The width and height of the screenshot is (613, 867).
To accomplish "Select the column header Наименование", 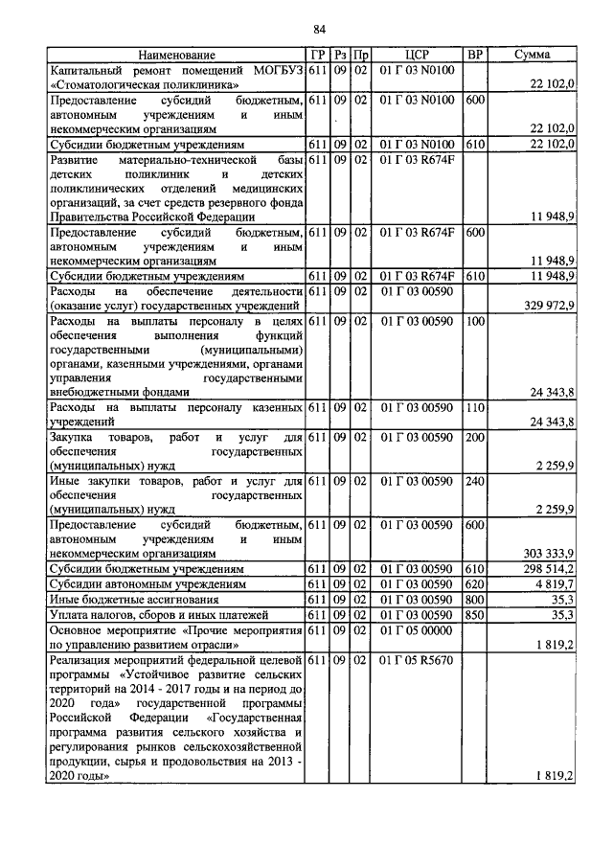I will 176,57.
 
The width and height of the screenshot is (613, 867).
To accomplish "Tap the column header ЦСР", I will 416,57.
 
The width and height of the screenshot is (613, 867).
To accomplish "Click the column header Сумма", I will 531,57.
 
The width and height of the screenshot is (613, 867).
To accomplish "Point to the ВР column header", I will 474,57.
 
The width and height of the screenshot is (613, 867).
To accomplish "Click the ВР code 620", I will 474,583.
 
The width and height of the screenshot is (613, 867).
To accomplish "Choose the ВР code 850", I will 474,614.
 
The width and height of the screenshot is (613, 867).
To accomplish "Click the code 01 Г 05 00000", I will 416,630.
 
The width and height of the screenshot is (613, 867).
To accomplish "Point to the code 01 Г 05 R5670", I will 416,661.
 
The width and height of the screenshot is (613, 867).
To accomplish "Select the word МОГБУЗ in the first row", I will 277,71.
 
